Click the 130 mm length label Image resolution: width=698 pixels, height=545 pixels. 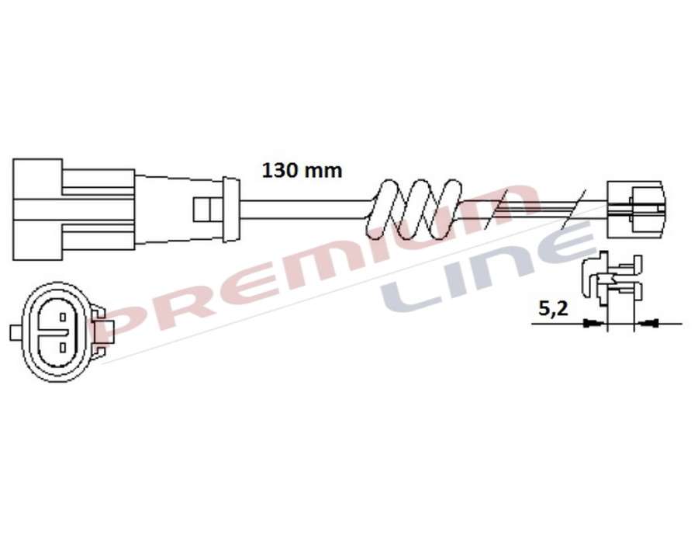302,170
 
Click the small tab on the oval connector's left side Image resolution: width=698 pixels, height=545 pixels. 15,333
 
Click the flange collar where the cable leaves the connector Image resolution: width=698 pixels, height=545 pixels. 230,207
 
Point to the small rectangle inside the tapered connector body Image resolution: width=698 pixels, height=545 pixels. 202,208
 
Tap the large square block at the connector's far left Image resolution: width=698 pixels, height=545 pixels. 37,208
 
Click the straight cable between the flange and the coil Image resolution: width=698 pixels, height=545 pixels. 302,207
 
